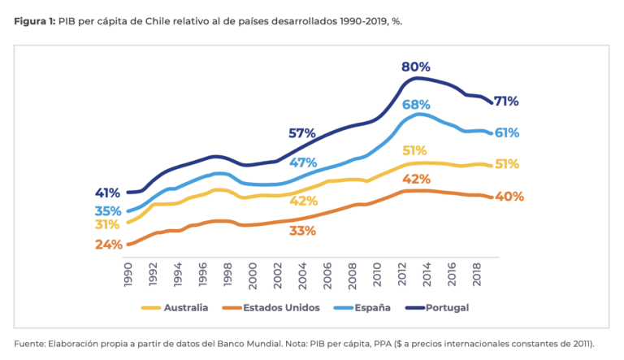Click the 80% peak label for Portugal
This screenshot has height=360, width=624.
pyautogui.click(x=415, y=67)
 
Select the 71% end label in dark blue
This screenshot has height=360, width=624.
pyautogui.click(x=506, y=102)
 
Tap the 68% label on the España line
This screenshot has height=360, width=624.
pyautogui.click(x=415, y=105)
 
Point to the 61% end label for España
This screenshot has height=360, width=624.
pyautogui.click(x=506, y=132)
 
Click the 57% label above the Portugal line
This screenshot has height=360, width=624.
pyautogui.click(x=302, y=133)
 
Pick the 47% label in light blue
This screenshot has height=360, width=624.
pyautogui.click(x=302, y=163)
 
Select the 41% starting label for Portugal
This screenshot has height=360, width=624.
pyautogui.click(x=107, y=193)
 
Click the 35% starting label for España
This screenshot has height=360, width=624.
pyautogui.click(x=107, y=210)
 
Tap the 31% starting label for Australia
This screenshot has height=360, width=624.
pyautogui.click(x=106, y=224)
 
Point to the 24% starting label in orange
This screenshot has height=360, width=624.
pyautogui.click(x=108, y=245)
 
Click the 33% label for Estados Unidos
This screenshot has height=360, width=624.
pyautogui.click(x=302, y=231)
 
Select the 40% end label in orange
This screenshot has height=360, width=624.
pyautogui.click(x=509, y=197)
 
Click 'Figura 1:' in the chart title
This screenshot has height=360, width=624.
pyautogui.click(x=34, y=20)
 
